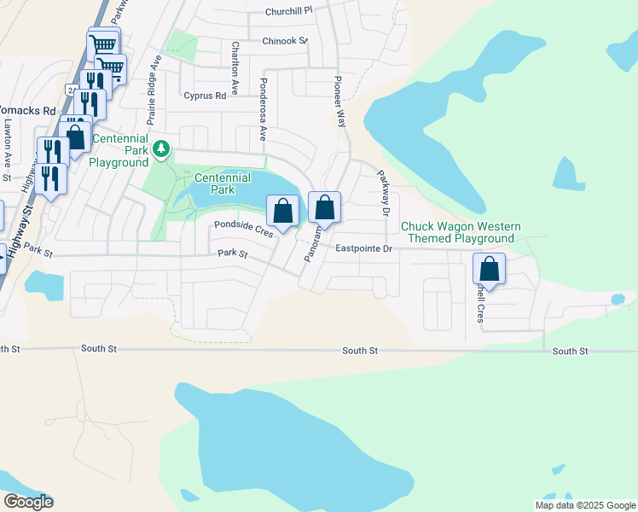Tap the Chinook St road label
pos(285,40)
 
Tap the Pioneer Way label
pos(339,101)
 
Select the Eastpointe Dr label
pos(363,249)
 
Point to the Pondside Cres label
pos(243,227)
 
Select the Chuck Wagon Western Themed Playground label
pos(461,232)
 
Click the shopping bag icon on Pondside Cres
pos(282,210)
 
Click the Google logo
pos(27,502)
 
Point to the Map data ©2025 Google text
pos(585,505)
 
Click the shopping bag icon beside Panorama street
pos(324,207)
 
